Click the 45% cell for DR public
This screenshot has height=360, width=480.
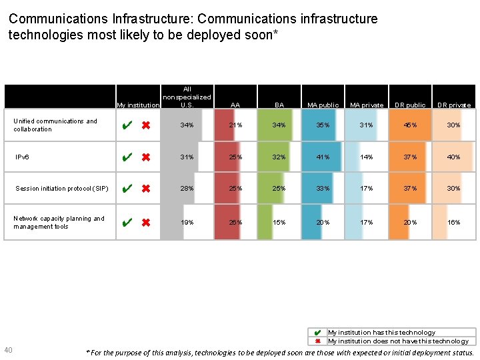(411, 125)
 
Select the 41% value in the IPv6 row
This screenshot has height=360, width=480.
(323, 157)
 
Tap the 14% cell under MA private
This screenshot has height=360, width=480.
(367, 157)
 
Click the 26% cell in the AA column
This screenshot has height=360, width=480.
(235, 223)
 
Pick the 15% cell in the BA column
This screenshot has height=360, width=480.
(279, 223)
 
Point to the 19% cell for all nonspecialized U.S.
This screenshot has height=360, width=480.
(187, 223)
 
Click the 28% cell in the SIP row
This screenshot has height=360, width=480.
(187, 189)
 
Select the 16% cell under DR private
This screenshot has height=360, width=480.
(454, 223)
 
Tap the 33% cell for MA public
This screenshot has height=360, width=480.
(323, 189)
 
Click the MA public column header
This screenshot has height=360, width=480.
(323, 105)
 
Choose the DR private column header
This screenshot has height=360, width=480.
(454, 105)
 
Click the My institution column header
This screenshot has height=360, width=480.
(138, 105)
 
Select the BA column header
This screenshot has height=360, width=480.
(279, 105)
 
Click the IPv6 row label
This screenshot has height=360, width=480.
(22, 157)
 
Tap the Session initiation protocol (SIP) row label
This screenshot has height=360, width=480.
(62, 189)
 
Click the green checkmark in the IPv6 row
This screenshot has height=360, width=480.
(127, 157)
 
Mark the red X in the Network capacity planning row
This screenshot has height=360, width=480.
(145, 223)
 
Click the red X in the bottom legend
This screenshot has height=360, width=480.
(318, 341)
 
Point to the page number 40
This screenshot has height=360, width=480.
(8, 351)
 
